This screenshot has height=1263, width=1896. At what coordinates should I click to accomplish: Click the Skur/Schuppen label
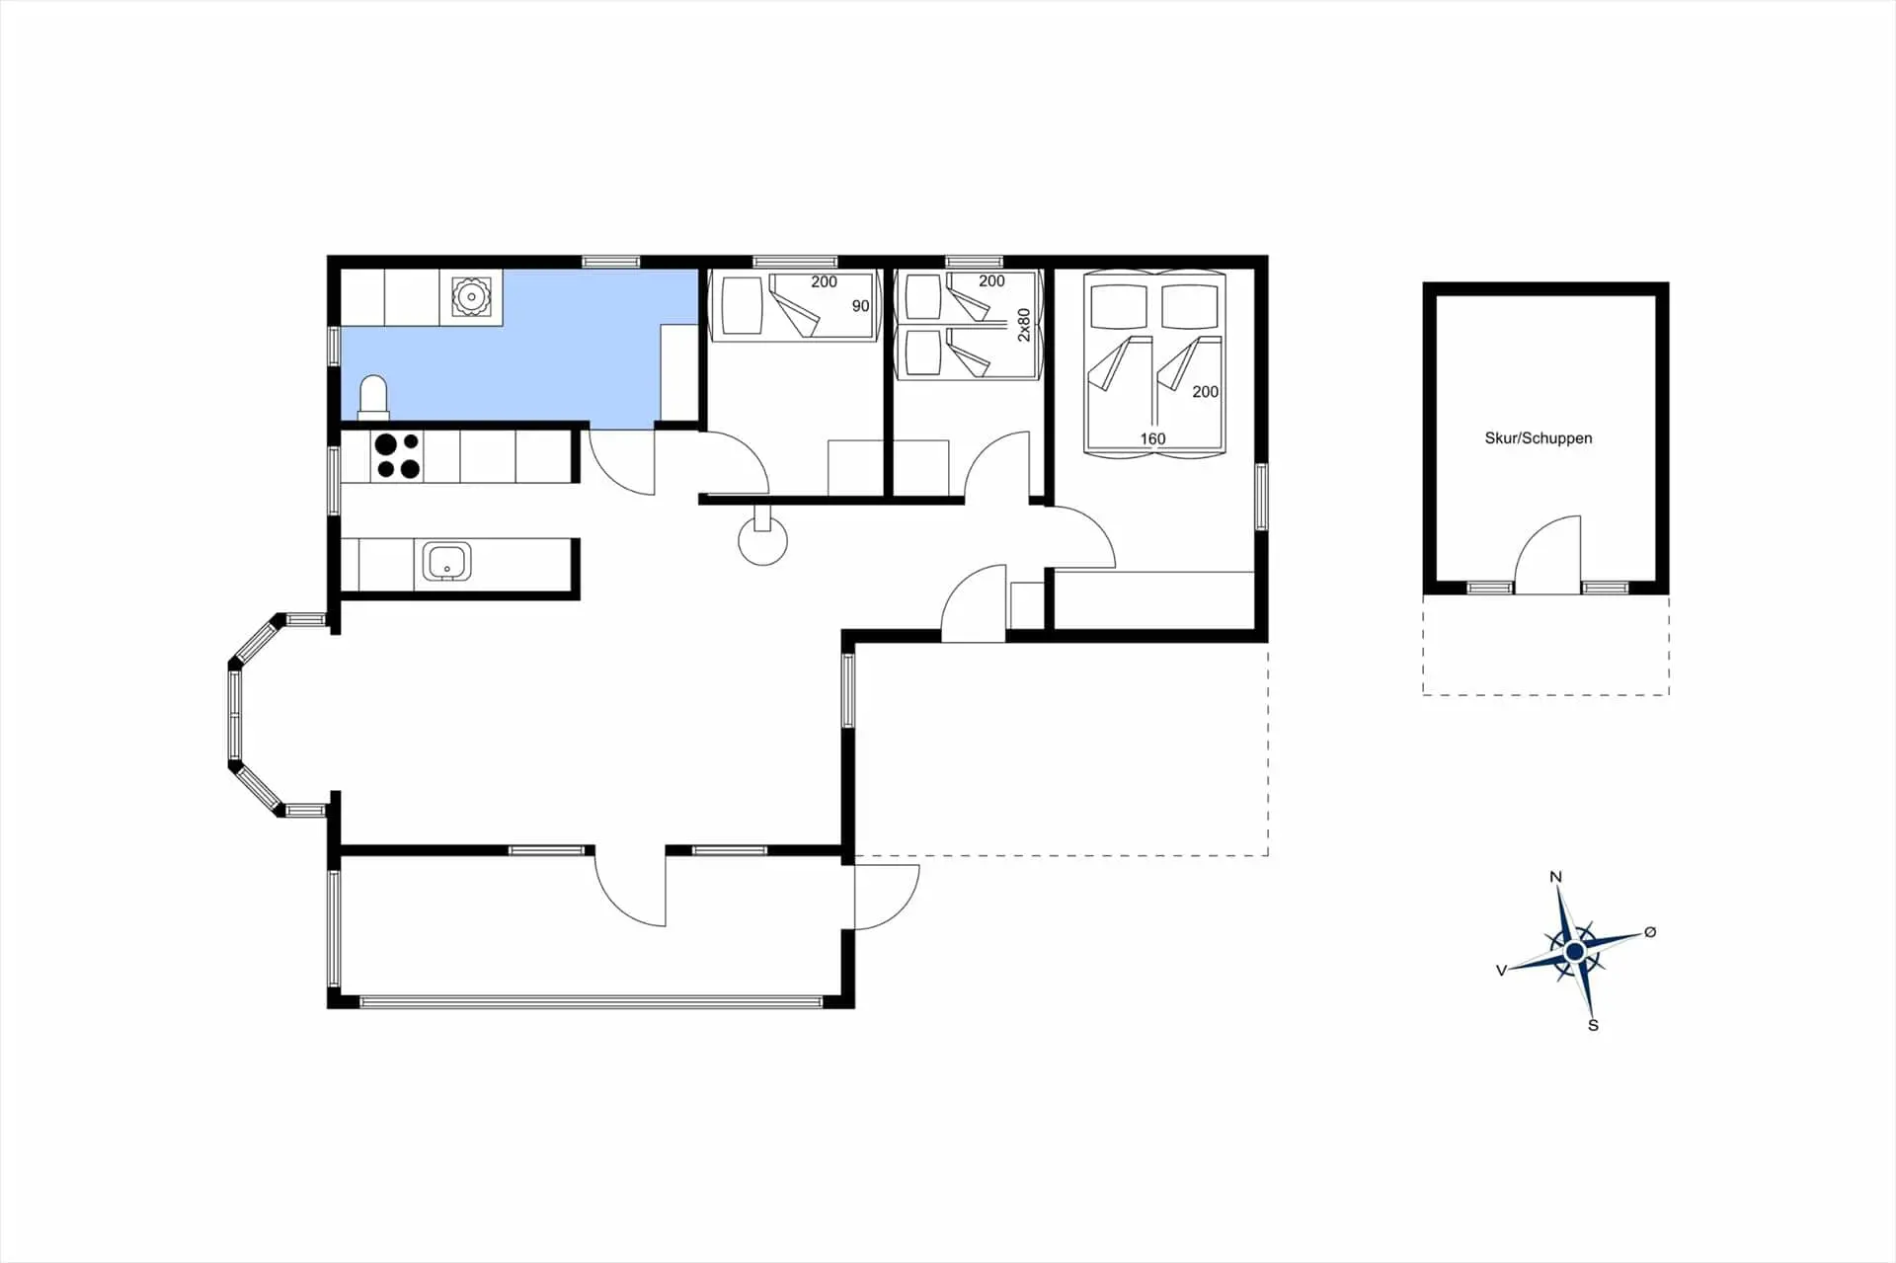(x=1538, y=438)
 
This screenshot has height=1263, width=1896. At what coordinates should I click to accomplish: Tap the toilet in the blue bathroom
(x=373, y=397)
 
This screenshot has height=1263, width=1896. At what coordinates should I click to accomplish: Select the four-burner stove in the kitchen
(x=397, y=456)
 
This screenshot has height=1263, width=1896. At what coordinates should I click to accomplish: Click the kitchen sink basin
(x=447, y=561)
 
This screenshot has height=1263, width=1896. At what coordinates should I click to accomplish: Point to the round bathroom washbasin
(x=471, y=296)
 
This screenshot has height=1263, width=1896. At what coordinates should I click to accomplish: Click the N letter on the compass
(x=1556, y=877)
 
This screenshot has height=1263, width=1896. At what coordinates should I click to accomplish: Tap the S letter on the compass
(x=1593, y=1026)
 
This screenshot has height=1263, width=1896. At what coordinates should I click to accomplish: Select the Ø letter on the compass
(x=1650, y=932)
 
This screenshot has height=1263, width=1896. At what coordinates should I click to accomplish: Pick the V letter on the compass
(x=1501, y=971)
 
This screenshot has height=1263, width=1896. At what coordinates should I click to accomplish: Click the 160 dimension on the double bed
(x=1152, y=439)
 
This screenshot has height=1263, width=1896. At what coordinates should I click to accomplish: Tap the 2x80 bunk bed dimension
(x=1024, y=325)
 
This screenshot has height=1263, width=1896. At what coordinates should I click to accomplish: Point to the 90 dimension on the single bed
(x=860, y=306)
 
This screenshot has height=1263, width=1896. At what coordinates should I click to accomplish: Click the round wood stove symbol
(x=763, y=540)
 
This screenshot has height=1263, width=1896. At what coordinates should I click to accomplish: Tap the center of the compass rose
(x=1575, y=951)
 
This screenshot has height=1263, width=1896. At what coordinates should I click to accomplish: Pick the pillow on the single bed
(x=742, y=305)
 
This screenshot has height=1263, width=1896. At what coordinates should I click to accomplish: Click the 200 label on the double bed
(x=1205, y=392)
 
